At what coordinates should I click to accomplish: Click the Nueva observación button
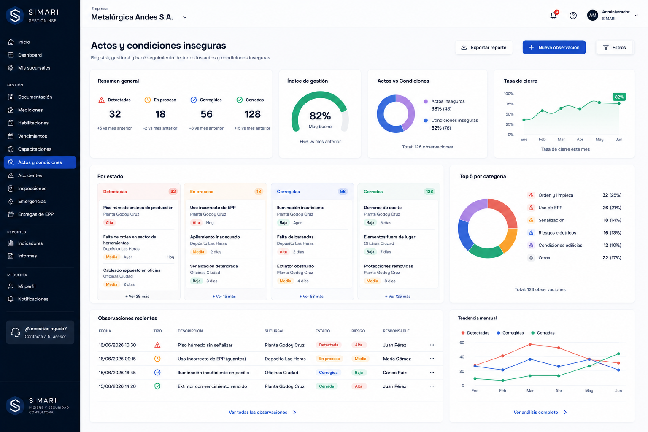(x=554, y=47)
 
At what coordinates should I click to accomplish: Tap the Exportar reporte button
(x=484, y=47)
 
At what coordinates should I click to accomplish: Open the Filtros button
(x=614, y=47)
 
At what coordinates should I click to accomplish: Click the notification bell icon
(x=553, y=15)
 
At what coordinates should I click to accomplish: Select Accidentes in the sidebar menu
(x=30, y=175)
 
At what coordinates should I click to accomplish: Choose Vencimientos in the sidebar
(x=32, y=136)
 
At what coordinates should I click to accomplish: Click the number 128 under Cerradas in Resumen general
(x=253, y=114)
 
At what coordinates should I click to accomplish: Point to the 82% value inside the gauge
(x=320, y=116)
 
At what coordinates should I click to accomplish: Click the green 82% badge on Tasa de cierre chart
(x=619, y=97)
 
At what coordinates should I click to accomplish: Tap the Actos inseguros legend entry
(x=448, y=101)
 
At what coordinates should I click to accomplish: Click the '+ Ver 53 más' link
(x=311, y=296)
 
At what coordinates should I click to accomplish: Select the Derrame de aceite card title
(x=383, y=208)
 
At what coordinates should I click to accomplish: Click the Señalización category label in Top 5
(x=551, y=220)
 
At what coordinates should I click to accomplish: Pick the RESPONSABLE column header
(x=396, y=331)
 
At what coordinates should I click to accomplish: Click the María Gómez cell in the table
(x=397, y=359)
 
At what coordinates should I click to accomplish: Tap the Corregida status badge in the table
(x=328, y=373)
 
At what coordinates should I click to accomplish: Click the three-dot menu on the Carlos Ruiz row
(x=432, y=373)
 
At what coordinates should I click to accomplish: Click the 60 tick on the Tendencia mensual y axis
(x=462, y=343)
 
